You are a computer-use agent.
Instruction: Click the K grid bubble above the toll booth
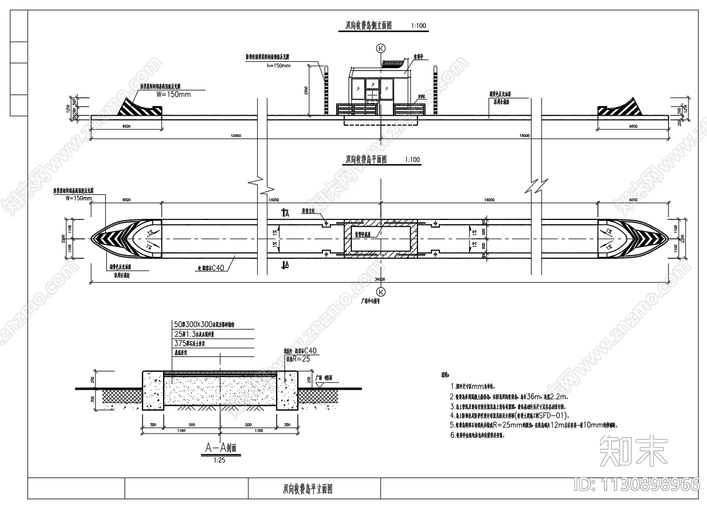[x=381, y=48]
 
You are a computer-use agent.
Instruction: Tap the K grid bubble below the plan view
[x=381, y=291]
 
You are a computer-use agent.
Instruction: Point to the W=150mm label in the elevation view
[x=174, y=94]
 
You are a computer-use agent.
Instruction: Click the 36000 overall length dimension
[x=380, y=279]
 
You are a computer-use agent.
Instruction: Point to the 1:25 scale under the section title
[x=220, y=460]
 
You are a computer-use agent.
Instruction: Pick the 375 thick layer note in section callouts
[x=194, y=343]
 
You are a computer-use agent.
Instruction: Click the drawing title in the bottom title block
[x=308, y=490]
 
